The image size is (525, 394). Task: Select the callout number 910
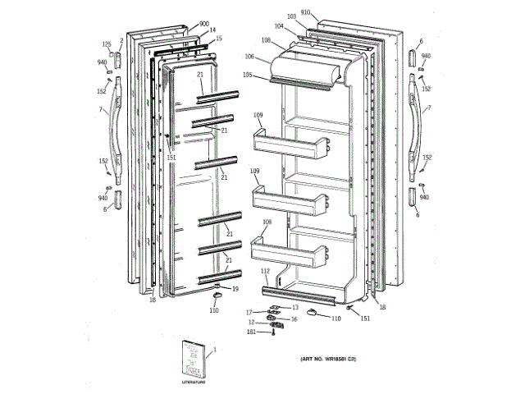point(305,12)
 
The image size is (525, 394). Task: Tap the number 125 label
point(107,44)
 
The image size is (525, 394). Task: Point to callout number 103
point(291,16)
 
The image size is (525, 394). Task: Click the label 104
point(279,26)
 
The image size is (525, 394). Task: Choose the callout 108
point(266,39)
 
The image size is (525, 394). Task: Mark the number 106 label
point(249,57)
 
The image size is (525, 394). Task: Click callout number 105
point(247,75)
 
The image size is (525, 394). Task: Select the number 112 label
point(265,271)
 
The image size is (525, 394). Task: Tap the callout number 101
point(251,332)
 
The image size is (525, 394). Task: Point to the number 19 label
point(235,288)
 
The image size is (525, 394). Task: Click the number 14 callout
point(212,30)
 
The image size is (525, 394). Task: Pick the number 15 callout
point(218,39)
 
